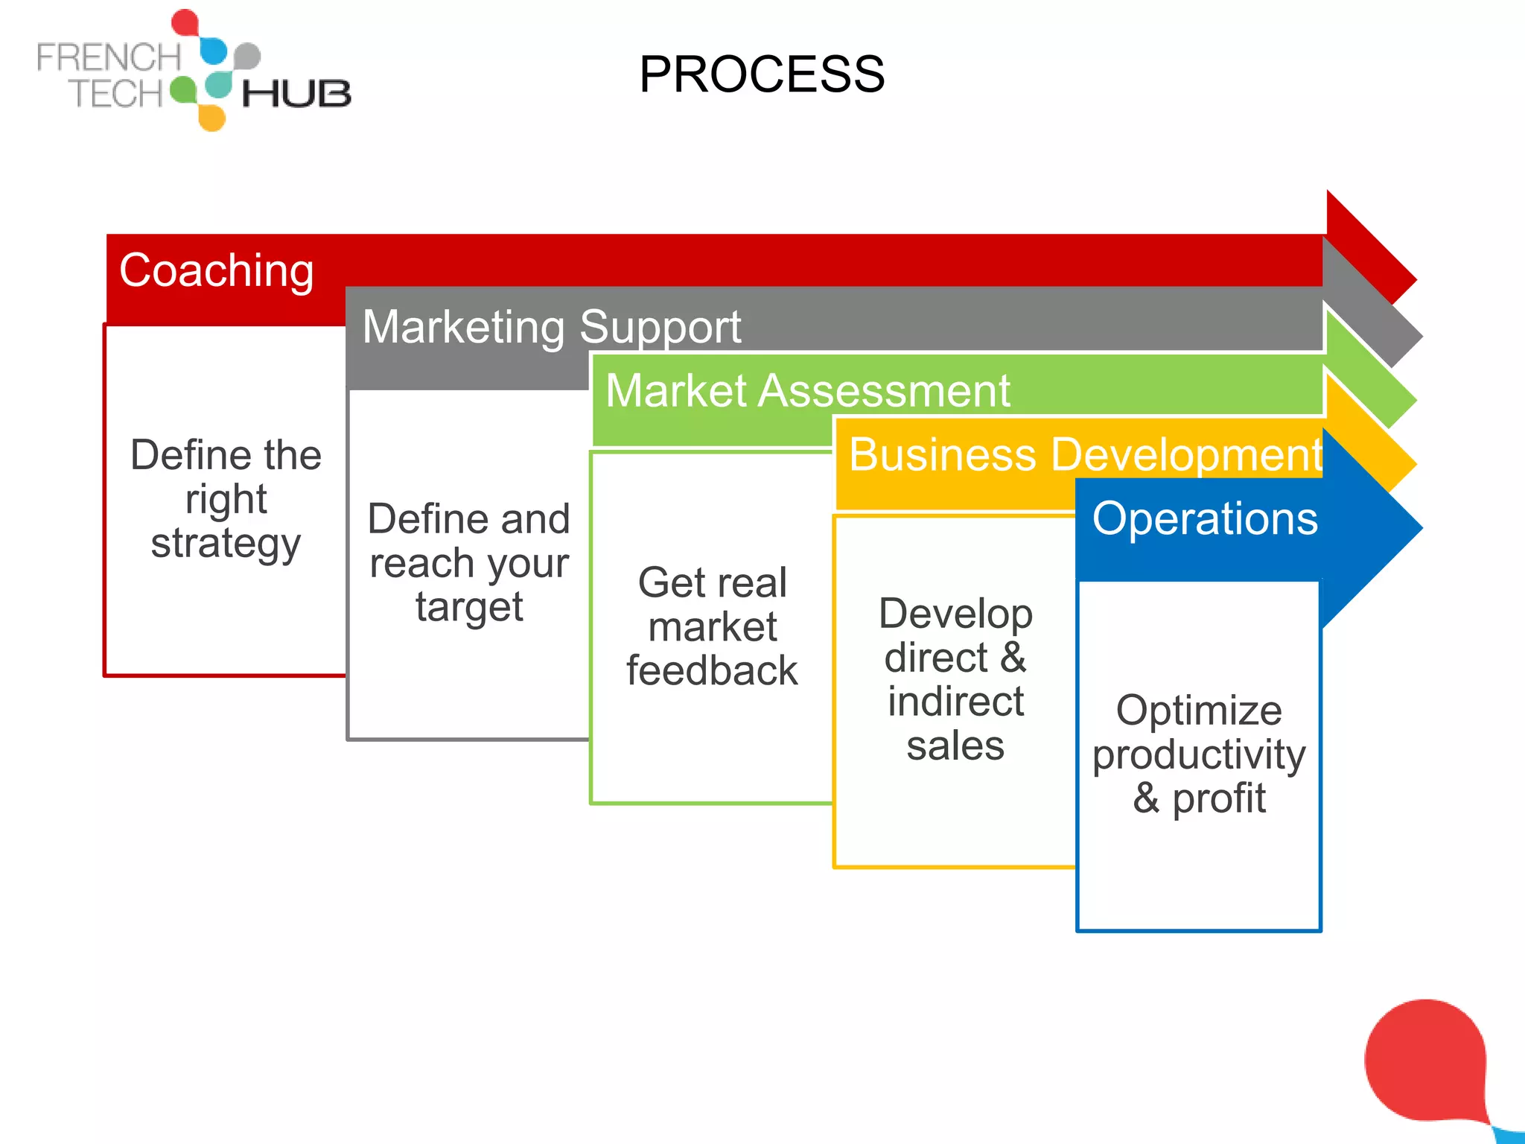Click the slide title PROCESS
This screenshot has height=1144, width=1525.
point(761,74)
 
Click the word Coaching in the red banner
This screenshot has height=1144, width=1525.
point(217,270)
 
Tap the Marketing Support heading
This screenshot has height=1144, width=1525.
point(551,327)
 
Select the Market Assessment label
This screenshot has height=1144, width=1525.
point(807,390)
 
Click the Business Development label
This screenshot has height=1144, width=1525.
point(1084,454)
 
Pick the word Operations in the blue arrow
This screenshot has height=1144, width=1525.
point(1204,518)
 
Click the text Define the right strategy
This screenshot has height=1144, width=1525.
point(226,498)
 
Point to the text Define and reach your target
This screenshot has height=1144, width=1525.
point(469,562)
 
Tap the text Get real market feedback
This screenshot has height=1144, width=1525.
point(712,626)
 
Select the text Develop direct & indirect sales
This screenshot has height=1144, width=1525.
point(955,679)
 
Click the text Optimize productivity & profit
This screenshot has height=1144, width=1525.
point(1198,754)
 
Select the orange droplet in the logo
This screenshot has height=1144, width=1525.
point(212,118)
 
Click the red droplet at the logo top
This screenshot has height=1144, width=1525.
point(185,22)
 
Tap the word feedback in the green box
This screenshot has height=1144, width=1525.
point(712,670)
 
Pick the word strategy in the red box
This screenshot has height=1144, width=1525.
point(226,543)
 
